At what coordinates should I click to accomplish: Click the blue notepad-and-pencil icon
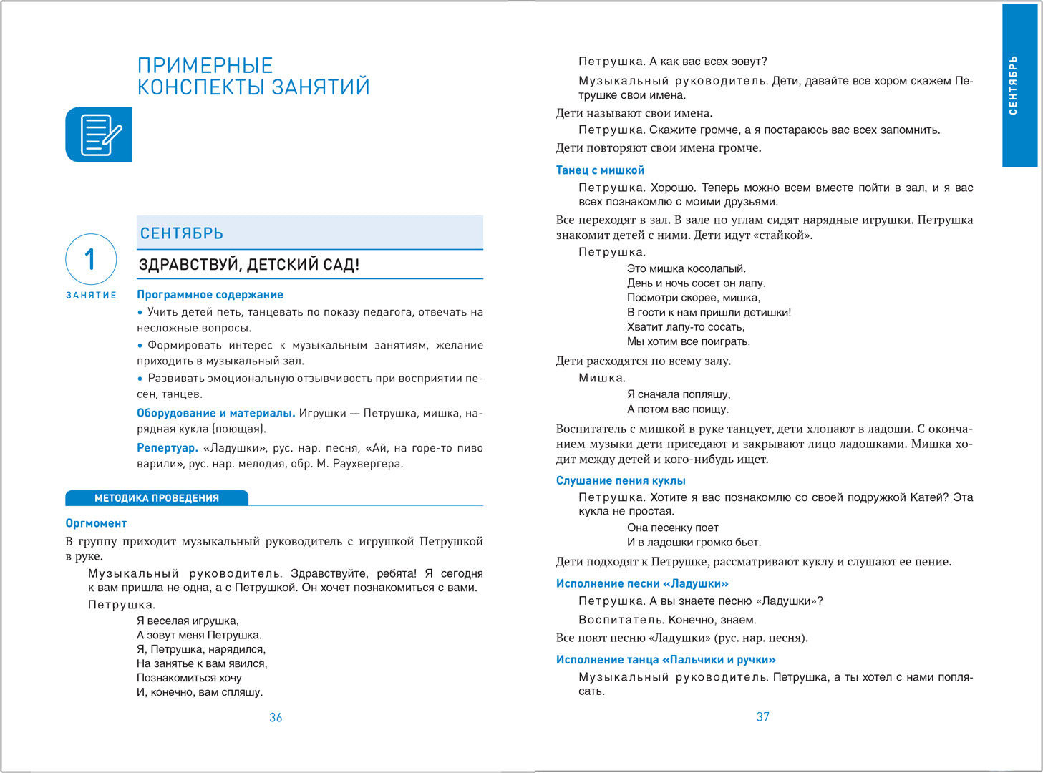pos(99,135)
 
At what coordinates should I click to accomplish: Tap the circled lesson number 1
pos(91,259)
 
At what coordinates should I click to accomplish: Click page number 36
pos(276,717)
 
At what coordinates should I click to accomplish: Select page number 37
pos(763,716)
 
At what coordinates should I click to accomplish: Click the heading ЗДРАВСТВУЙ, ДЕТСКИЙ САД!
pos(249,265)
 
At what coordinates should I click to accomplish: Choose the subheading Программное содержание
pos(210,295)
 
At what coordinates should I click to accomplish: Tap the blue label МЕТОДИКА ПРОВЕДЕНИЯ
pos(157,498)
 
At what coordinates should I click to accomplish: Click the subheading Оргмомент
pos(96,523)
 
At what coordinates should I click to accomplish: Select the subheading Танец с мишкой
pos(600,170)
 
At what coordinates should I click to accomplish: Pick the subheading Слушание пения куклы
pos(621,481)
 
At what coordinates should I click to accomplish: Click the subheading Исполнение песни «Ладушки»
pos(642,584)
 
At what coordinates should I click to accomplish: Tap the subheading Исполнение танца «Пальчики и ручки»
pos(666,660)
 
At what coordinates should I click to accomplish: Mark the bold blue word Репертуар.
pos(168,448)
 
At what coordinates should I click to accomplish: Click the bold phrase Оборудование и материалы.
pos(216,413)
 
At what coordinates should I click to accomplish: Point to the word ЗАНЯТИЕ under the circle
pos(91,295)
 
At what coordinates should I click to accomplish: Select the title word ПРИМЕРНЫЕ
pos(205,66)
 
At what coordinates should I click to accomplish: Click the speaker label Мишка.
pos(602,378)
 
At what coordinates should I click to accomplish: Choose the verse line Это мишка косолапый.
pos(687,268)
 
